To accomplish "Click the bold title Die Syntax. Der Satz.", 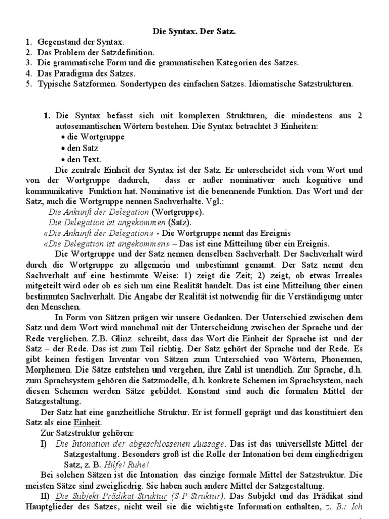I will [194, 32].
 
